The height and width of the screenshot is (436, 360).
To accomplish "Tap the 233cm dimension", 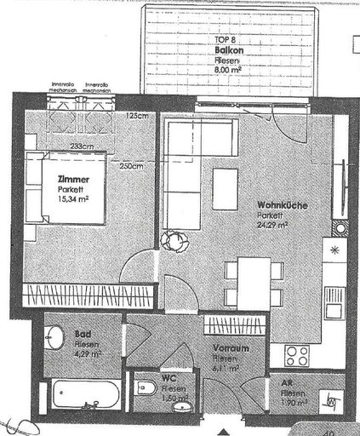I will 83,146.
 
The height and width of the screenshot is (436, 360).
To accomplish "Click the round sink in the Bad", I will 54,339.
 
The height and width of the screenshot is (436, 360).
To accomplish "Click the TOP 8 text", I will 225,40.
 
